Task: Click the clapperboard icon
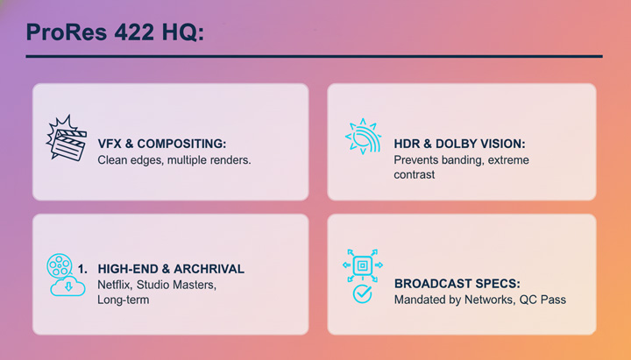[x=66, y=139]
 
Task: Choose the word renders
[x=229, y=160]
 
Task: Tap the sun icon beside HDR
[x=362, y=138]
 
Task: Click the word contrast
[x=415, y=174]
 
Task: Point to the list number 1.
[x=83, y=268]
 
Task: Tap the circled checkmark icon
[x=361, y=294]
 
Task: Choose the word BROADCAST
[x=434, y=284]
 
